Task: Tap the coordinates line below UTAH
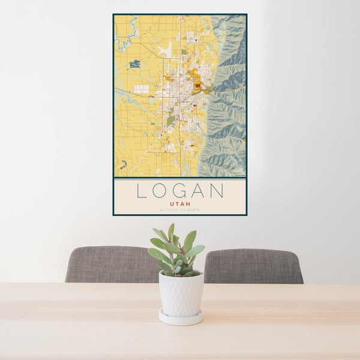coord(180,210)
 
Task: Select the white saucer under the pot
coord(181,318)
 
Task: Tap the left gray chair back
coord(111,264)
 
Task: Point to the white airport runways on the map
coord(166,49)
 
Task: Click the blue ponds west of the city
coord(134,63)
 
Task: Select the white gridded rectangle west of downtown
coord(141,89)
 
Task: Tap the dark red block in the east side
coord(197,86)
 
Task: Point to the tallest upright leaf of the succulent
coord(171,232)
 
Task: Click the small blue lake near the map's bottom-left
coord(124,164)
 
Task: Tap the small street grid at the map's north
coord(191,38)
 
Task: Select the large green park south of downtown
coord(171,120)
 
